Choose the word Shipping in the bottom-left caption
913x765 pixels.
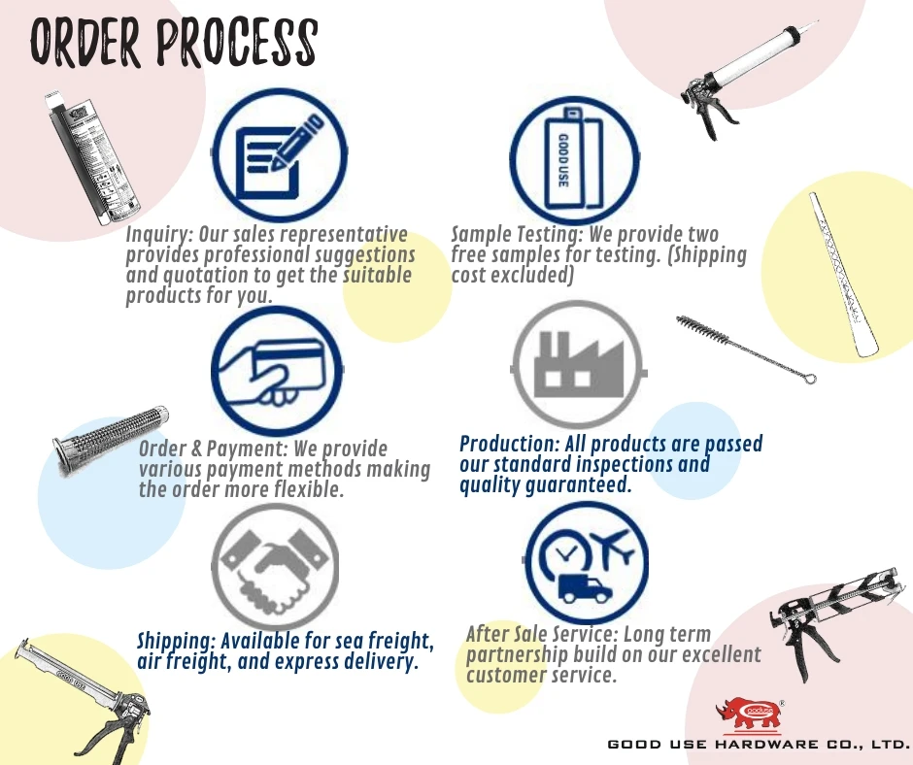(174, 641)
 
